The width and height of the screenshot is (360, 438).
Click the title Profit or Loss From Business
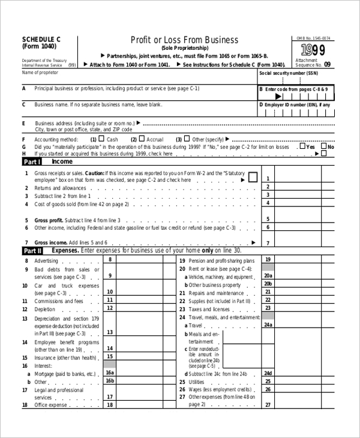tap(184, 40)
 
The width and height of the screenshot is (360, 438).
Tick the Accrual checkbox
tap(143, 139)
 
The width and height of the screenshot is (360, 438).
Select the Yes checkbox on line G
tap(303, 146)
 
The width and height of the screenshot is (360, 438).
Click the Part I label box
tap(32, 161)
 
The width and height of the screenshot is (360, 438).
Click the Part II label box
tap(32, 250)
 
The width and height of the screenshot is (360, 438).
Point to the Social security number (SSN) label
tap(288, 73)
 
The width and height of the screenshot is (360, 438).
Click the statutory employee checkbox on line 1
tap(253, 178)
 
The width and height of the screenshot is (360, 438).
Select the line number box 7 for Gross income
tap(268, 242)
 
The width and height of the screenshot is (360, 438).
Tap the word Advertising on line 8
tap(46, 260)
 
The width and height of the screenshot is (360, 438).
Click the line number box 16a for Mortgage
tap(110, 373)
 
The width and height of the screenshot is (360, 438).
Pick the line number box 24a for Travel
tap(268, 325)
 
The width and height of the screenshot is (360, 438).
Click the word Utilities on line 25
tap(196, 381)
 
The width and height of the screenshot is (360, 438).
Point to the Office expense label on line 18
tap(51, 405)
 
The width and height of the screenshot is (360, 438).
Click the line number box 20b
tap(268, 284)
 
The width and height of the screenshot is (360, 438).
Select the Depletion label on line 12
tap(45, 308)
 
